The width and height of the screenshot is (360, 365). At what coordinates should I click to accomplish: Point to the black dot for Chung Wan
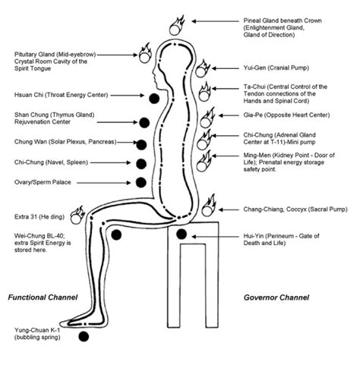(141, 144)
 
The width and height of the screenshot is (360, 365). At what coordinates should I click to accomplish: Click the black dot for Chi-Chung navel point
(141, 163)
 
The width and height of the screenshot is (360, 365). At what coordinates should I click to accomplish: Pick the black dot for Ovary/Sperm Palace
(141, 182)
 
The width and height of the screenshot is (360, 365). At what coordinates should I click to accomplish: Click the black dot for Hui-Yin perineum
(182, 235)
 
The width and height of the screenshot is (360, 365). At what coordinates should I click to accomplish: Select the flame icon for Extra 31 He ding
(76, 212)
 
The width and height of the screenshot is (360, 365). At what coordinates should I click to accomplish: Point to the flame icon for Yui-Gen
(203, 70)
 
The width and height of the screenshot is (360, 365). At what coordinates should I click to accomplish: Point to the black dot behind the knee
(115, 236)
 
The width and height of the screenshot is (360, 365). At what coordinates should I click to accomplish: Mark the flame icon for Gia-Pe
(206, 120)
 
